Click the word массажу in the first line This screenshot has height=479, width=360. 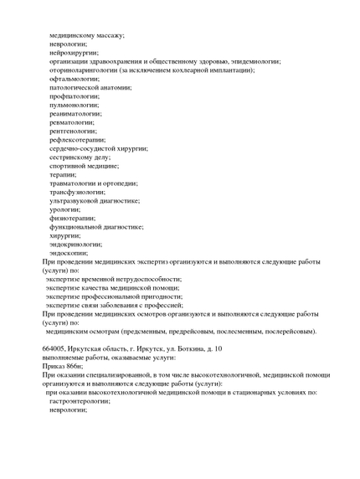(109, 35)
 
